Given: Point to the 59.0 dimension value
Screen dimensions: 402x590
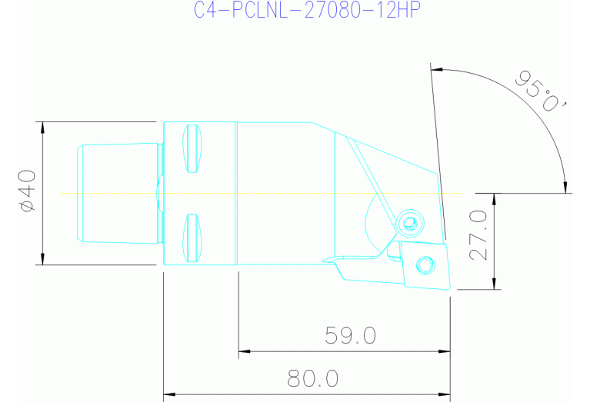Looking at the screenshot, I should point(350,335).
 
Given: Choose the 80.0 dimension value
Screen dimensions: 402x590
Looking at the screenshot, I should point(313,378).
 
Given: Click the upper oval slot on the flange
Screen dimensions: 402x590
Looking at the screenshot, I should point(192,149).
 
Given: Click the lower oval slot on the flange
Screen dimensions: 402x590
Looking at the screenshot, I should point(192,238).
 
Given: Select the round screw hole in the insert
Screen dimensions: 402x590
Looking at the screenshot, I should point(424,265).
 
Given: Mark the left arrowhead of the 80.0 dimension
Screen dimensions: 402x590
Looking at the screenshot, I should point(170,394).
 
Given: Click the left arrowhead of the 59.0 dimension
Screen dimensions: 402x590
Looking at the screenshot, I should point(245,352).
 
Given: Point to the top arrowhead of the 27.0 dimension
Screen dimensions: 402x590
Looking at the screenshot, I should point(495,198).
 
